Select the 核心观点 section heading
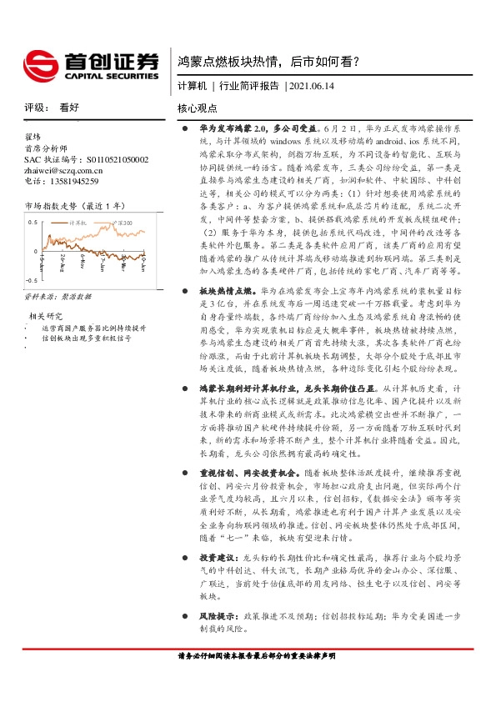(197, 108)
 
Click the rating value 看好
(69, 108)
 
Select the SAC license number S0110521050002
(104, 158)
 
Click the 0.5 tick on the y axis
(33, 223)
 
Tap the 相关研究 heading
(47, 316)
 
